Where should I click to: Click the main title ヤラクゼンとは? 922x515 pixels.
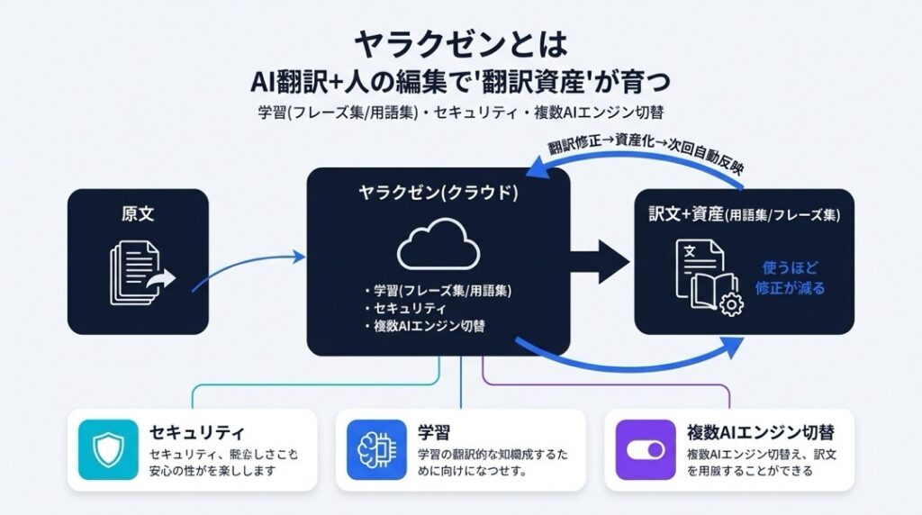coord(461,42)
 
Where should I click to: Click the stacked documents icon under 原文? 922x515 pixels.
coord(141,273)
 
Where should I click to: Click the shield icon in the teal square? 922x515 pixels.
coord(107,449)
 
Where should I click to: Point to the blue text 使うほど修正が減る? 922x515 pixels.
coord(793,277)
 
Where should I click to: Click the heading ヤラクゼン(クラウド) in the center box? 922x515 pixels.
coord(438,194)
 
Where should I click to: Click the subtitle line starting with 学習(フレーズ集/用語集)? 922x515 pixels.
coord(460,113)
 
